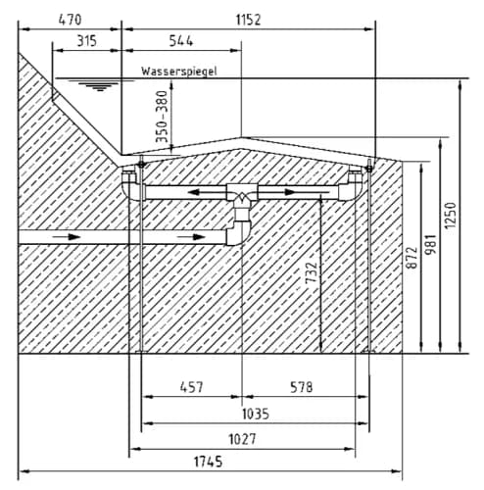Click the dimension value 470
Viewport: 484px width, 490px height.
point(70,20)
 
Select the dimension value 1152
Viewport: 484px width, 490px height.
point(249,20)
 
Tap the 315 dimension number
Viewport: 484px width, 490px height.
point(86,41)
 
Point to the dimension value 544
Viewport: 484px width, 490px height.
point(181,41)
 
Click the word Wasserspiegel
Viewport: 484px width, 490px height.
point(179,72)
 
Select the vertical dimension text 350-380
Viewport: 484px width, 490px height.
point(162,117)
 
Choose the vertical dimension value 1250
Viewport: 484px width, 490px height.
point(451,216)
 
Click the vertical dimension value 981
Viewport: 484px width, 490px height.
point(431,244)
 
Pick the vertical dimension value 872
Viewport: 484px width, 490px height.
point(411,258)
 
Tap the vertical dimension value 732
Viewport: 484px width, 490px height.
point(311,272)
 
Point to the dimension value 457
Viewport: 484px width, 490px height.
point(192,387)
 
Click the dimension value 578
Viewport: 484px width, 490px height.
point(302,387)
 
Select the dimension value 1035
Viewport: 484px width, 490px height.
point(256,414)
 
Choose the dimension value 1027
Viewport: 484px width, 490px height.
point(242,439)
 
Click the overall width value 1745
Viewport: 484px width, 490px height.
point(209,462)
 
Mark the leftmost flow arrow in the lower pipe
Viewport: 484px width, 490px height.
point(67,236)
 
